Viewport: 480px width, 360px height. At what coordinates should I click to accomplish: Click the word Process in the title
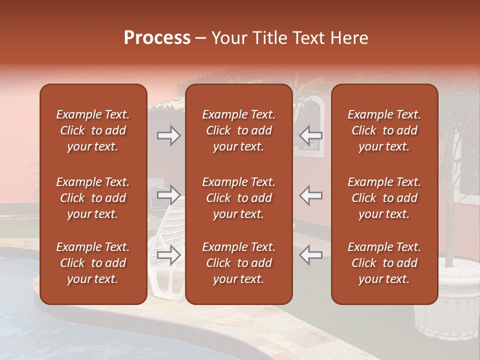click(157, 38)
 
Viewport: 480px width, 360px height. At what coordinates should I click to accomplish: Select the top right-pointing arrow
click(169, 135)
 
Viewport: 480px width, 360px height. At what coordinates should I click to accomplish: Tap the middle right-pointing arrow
click(169, 195)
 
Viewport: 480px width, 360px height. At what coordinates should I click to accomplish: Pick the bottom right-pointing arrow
click(169, 255)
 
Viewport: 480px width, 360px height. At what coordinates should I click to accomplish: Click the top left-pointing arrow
click(311, 135)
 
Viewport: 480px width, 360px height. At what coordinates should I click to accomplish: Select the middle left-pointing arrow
click(311, 195)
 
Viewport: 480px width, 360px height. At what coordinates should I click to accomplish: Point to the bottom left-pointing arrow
click(311, 255)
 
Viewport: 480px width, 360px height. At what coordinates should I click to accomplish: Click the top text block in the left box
click(93, 130)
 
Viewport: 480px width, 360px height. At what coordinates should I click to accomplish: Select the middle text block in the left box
click(93, 198)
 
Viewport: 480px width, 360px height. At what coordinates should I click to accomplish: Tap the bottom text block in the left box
click(93, 263)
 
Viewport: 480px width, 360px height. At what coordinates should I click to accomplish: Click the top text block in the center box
click(239, 130)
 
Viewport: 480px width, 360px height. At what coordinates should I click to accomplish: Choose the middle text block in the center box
click(239, 198)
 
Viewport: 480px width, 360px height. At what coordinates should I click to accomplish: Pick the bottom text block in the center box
click(239, 263)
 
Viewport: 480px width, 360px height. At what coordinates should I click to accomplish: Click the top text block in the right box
click(384, 130)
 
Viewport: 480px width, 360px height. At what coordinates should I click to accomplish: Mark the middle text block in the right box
click(384, 198)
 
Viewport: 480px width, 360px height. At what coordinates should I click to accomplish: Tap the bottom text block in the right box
click(384, 263)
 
